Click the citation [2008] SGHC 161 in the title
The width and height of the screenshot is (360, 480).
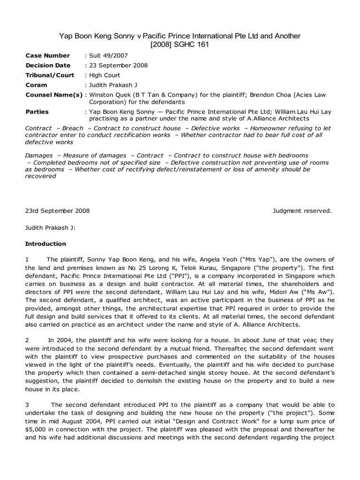tap(180, 45)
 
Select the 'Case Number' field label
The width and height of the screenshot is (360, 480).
tap(47, 55)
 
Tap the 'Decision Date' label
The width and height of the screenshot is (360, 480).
tap(48, 65)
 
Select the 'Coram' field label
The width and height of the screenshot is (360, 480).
tap(36, 85)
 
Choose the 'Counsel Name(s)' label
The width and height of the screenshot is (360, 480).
tap(53, 95)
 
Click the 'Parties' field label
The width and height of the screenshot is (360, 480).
tap(37, 112)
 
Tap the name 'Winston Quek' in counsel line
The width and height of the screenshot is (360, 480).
tap(109, 95)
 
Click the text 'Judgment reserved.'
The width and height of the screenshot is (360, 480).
tap(302, 210)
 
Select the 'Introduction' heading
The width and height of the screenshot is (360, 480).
tap(45, 244)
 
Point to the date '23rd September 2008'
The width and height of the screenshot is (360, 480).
tap(57, 210)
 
